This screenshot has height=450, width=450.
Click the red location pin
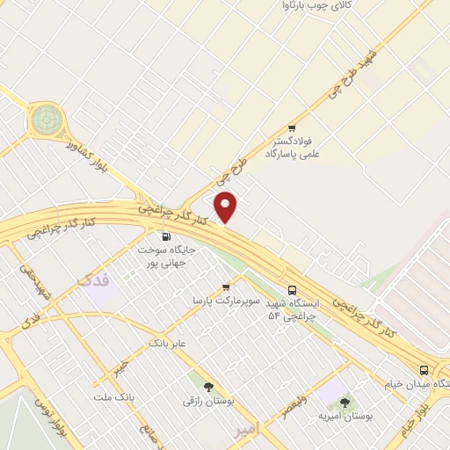[x=226, y=207]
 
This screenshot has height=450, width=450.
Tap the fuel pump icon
[x=165, y=236]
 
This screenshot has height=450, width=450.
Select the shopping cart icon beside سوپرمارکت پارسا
[x=226, y=287]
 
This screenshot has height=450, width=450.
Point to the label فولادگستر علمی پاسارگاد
[x=294, y=147]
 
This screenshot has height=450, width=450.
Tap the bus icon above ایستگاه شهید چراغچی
[x=292, y=290]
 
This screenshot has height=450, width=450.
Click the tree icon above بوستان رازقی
[x=208, y=388]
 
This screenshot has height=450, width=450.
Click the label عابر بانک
[x=167, y=343]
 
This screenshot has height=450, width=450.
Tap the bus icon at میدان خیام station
[x=425, y=370]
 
